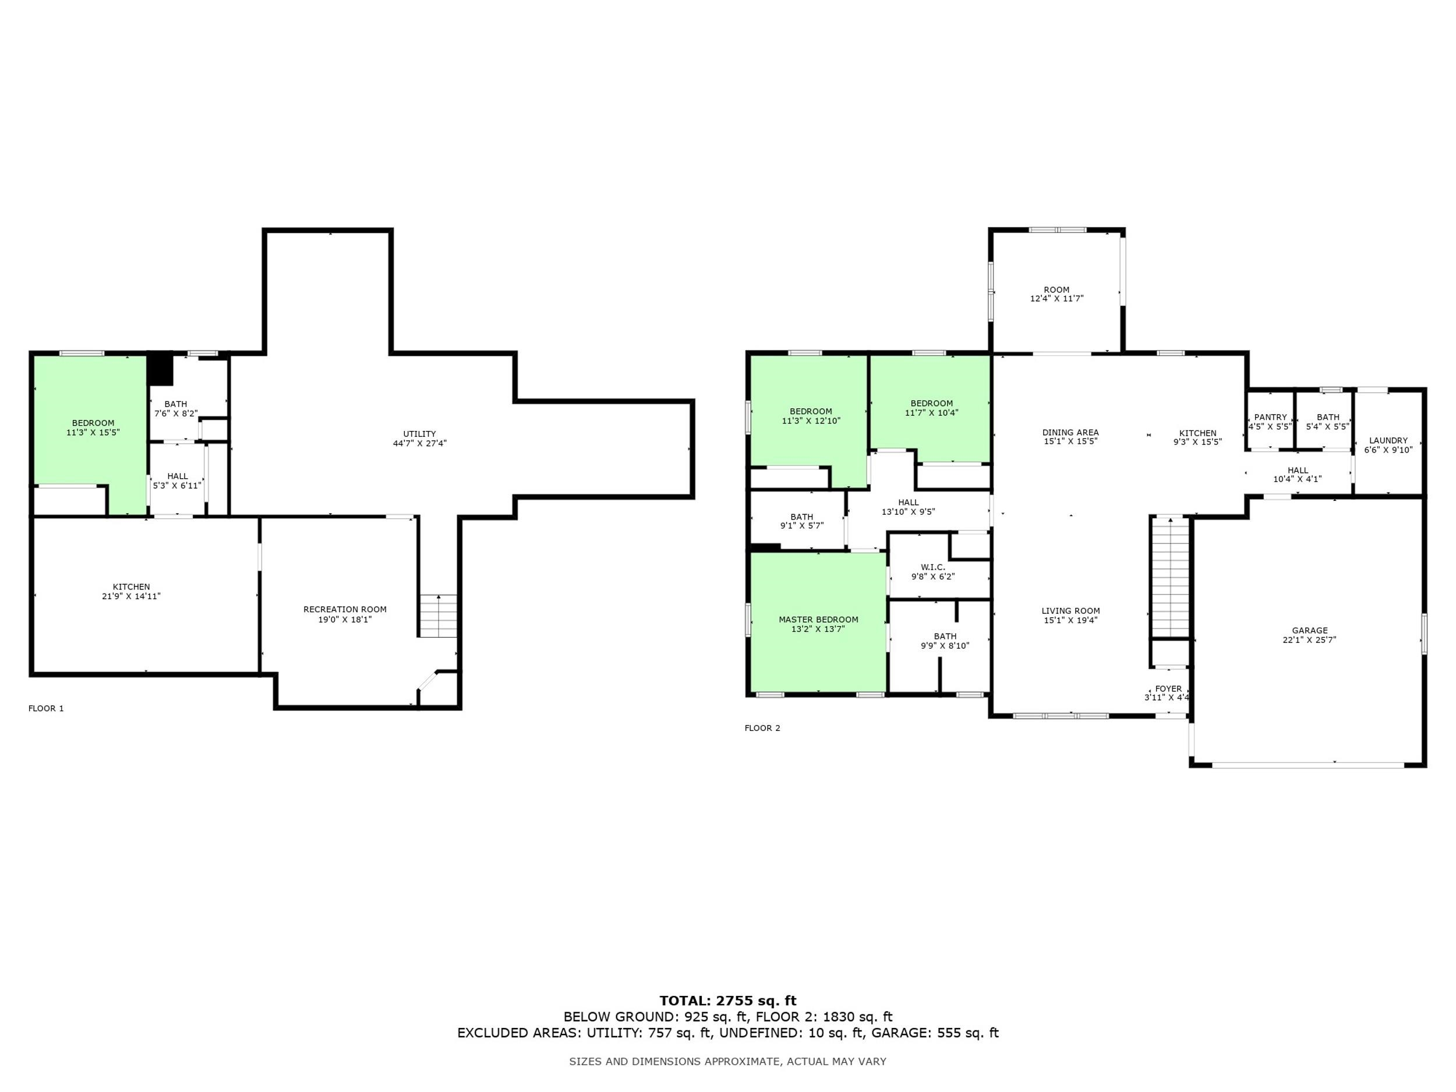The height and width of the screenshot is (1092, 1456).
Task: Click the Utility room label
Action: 419,434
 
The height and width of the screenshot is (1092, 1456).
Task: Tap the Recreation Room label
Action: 345,610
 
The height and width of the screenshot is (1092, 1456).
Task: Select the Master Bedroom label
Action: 818,620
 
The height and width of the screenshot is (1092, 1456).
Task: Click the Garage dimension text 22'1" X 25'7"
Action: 1309,640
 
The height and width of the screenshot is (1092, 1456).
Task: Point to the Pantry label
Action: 1270,418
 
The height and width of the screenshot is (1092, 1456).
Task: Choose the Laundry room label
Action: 1388,441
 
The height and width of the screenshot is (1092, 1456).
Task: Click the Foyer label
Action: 1168,688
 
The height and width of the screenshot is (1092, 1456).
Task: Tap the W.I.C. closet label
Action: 932,567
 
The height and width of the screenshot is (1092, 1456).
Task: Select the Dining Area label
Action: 1071,433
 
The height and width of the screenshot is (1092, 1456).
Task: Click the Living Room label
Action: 1071,611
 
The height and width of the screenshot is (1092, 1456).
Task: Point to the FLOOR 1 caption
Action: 46,708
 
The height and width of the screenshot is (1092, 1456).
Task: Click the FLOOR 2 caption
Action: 762,728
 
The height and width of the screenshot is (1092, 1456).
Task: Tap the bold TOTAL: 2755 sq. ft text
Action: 728,1001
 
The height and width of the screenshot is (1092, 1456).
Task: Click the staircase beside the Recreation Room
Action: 439,616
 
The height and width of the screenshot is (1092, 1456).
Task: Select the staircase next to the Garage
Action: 1169,578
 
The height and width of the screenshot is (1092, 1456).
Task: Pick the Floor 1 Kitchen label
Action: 132,587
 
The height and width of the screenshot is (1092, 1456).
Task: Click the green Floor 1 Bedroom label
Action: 93,423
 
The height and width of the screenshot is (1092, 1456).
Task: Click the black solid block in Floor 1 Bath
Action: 160,370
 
